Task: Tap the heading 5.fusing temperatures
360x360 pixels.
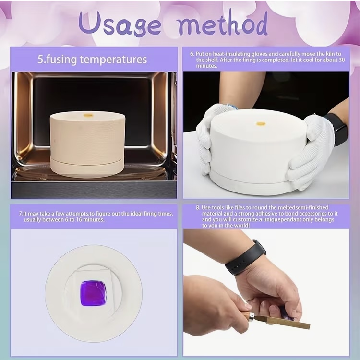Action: tap(92, 60)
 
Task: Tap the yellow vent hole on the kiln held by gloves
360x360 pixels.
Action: tap(261, 124)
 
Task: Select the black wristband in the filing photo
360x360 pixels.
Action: tap(245, 258)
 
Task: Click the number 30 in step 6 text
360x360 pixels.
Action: tap(342, 60)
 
